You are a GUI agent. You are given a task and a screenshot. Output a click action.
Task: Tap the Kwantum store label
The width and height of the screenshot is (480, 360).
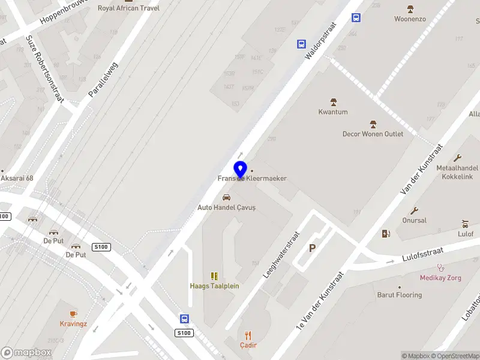pyautogui.click(x=333, y=112)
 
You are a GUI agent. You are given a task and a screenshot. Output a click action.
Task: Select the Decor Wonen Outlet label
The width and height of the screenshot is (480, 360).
pyautogui.click(x=373, y=134)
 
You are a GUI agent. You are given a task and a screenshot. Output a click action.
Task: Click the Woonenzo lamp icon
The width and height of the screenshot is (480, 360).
pyautogui.click(x=410, y=9)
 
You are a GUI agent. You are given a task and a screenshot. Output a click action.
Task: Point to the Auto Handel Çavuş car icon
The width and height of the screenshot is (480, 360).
pyautogui.click(x=226, y=197)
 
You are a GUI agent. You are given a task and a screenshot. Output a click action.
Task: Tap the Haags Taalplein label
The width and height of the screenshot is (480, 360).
pyautogui.click(x=214, y=286)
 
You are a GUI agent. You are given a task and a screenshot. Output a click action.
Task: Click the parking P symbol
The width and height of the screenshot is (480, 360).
pyautogui.click(x=312, y=248)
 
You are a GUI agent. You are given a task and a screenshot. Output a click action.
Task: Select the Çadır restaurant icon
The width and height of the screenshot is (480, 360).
pyautogui.click(x=248, y=335)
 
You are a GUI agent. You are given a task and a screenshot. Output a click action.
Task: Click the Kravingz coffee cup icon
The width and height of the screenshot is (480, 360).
pyautogui.click(x=73, y=313)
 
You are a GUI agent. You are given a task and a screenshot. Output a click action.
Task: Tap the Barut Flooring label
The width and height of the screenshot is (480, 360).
pyautogui.click(x=399, y=295)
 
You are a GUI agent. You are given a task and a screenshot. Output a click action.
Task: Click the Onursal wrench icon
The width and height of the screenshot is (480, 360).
pyautogui.click(x=414, y=211)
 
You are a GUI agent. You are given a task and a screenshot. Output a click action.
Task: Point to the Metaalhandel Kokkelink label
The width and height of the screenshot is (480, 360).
pyautogui.click(x=457, y=173)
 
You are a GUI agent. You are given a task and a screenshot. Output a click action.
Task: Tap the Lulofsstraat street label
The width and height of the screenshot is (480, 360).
pyautogui.click(x=425, y=257)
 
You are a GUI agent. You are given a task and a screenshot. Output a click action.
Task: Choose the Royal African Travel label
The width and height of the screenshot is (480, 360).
pyautogui.click(x=128, y=8)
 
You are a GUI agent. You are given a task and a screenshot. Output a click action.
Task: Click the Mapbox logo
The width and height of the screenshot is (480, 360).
pyautogui.click(x=26, y=353)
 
